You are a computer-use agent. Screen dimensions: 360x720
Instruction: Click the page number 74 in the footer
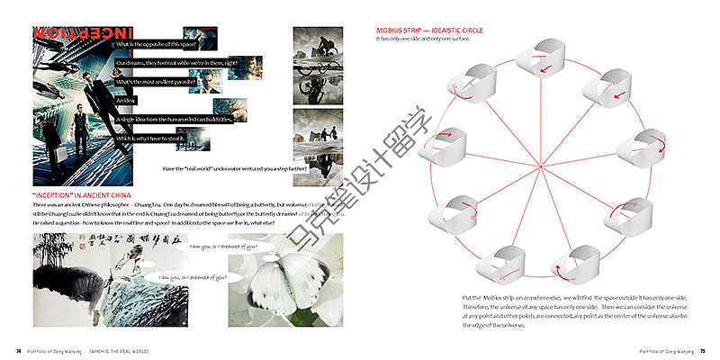click(18, 350)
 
